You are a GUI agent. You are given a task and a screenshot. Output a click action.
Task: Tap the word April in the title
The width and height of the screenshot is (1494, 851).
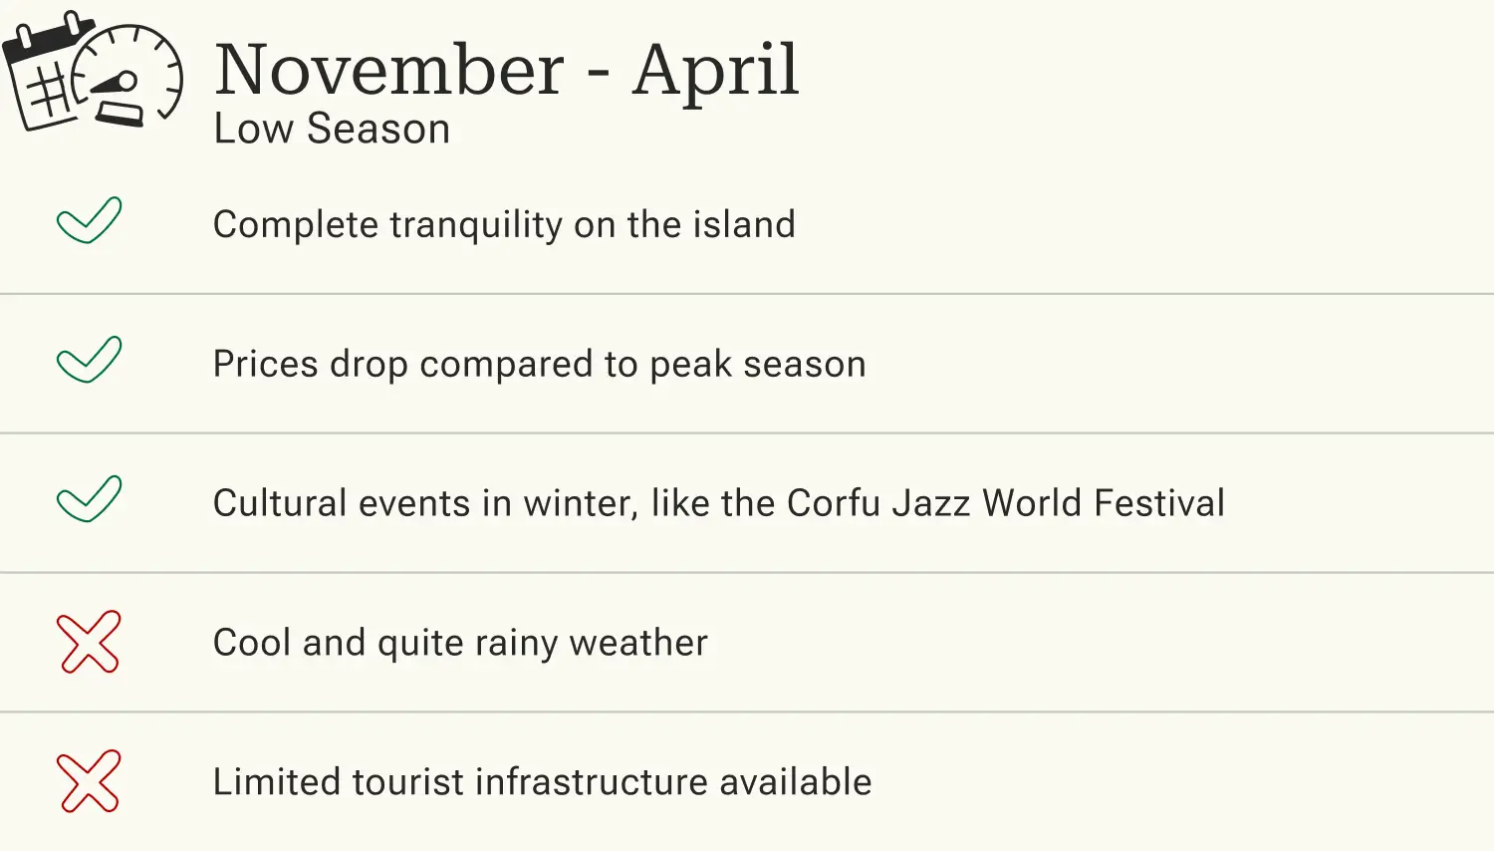point(715,72)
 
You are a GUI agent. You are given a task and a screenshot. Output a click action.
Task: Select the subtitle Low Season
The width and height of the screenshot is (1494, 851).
point(332,130)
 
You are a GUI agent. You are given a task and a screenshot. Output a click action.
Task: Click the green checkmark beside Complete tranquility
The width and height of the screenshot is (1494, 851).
point(89,220)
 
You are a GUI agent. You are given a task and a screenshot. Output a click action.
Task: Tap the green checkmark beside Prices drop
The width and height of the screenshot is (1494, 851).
point(89,360)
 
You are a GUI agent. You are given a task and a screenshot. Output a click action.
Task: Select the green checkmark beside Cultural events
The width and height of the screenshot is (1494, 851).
point(89,499)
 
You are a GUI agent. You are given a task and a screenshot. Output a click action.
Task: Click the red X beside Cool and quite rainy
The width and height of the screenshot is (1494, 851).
point(89,642)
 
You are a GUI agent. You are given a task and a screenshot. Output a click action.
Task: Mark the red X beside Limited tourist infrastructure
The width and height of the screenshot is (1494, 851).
point(89,781)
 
